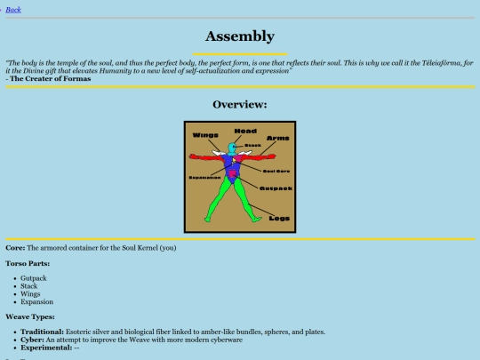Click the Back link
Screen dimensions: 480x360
[13, 10]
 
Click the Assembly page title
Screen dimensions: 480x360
[239, 36]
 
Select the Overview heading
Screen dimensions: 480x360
[239, 105]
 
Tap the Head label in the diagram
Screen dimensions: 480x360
[245, 132]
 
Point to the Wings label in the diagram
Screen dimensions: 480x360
[205, 135]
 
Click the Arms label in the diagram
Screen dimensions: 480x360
[277, 138]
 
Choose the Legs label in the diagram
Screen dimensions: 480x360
[279, 218]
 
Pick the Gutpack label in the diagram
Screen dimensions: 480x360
[276, 188]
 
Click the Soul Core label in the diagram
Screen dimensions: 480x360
[277, 170]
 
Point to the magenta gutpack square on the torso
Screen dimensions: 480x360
[234, 174]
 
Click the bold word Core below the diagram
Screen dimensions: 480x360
[15, 247]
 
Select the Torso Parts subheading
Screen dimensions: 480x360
[28, 263]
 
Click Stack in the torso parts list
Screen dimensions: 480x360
[29, 286]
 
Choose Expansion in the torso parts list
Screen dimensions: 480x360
[37, 302]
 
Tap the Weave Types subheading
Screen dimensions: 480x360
[30, 316]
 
